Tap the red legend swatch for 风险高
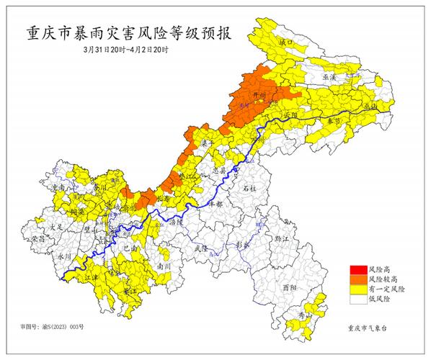[357, 268]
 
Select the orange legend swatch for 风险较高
[357, 278]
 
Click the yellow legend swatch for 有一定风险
[357, 288]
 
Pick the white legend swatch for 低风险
[357, 298]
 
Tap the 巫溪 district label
[329, 76]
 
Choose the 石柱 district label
[249, 187]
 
